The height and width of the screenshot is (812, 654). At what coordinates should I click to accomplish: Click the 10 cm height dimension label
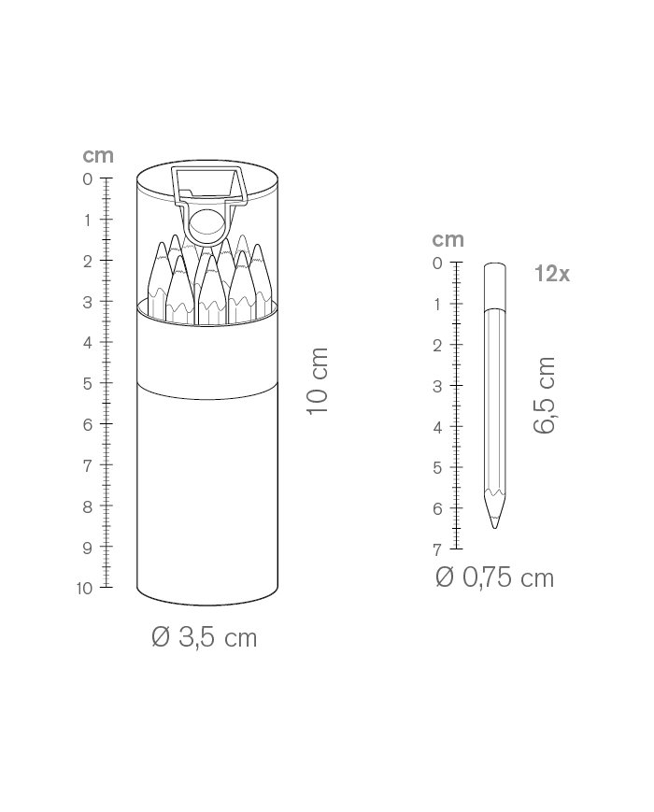[x=318, y=381]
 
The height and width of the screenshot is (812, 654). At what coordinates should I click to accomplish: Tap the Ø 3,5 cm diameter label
[x=205, y=637]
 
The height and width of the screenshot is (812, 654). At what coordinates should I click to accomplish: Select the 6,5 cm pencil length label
[x=545, y=394]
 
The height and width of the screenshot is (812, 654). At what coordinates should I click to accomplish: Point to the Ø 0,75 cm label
[x=495, y=577]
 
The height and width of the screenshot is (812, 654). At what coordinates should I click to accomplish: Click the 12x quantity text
[x=552, y=274]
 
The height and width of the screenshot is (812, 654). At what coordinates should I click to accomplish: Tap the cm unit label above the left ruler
[x=98, y=155]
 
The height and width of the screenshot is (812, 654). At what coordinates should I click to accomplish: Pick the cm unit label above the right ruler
[x=448, y=240]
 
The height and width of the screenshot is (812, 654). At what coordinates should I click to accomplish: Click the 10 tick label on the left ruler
[x=84, y=589]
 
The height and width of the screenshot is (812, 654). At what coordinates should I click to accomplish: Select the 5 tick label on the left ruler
[x=88, y=384]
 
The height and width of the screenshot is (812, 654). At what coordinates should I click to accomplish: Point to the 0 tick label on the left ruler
[x=88, y=179]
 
